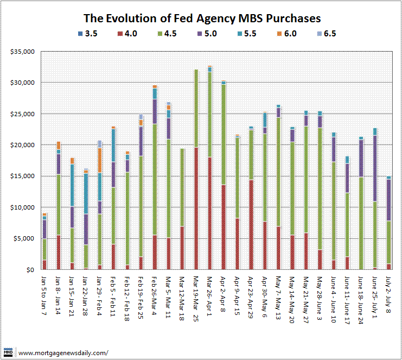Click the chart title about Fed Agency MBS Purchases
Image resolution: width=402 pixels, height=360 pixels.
point(201,19)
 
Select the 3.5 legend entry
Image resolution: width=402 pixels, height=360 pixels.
point(86,34)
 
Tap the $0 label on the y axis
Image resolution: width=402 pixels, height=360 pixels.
point(30,270)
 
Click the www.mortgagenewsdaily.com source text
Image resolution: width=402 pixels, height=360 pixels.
point(62,353)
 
